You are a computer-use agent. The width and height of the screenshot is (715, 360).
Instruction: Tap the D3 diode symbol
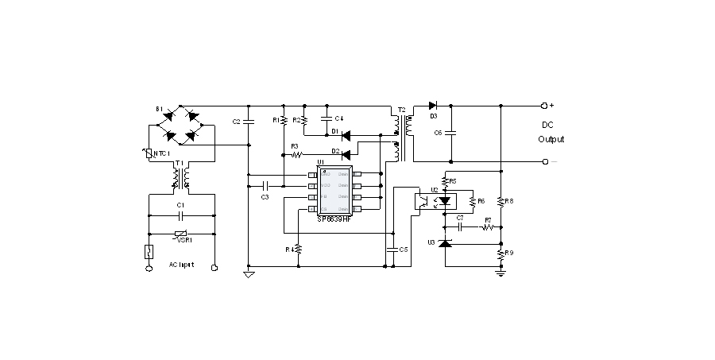pyautogui.click(x=433, y=105)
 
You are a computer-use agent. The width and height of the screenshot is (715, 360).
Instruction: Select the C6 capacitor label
pyautogui.click(x=438, y=132)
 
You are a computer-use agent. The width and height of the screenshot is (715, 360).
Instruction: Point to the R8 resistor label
pyautogui.click(x=509, y=201)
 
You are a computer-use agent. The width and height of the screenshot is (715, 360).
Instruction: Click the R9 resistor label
pyautogui.click(x=509, y=254)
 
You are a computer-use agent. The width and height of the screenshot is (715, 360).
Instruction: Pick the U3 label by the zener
pyautogui.click(x=431, y=241)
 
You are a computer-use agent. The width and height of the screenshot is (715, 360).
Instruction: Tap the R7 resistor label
pyautogui.click(x=488, y=219)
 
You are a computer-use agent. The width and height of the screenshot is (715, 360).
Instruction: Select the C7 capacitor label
pyautogui.click(x=459, y=218)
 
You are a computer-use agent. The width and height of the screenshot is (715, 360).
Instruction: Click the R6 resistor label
pyautogui.click(x=481, y=201)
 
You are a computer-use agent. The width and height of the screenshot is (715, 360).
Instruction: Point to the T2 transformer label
pyautogui.click(x=401, y=109)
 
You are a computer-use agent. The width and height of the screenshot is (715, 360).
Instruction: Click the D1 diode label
pyautogui.click(x=336, y=130)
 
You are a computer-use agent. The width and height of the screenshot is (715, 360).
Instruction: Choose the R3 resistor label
pyautogui.click(x=294, y=145)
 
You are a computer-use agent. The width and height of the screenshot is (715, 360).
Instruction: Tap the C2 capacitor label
pyautogui.click(x=236, y=122)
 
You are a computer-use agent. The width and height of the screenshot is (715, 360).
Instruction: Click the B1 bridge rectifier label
pyautogui.click(x=159, y=108)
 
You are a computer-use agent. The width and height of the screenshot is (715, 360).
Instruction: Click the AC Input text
pyautogui.click(x=181, y=264)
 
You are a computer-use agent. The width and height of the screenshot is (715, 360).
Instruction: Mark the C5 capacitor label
pyautogui.click(x=404, y=249)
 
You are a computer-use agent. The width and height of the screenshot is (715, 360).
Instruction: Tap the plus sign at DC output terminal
pyautogui.click(x=551, y=105)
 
